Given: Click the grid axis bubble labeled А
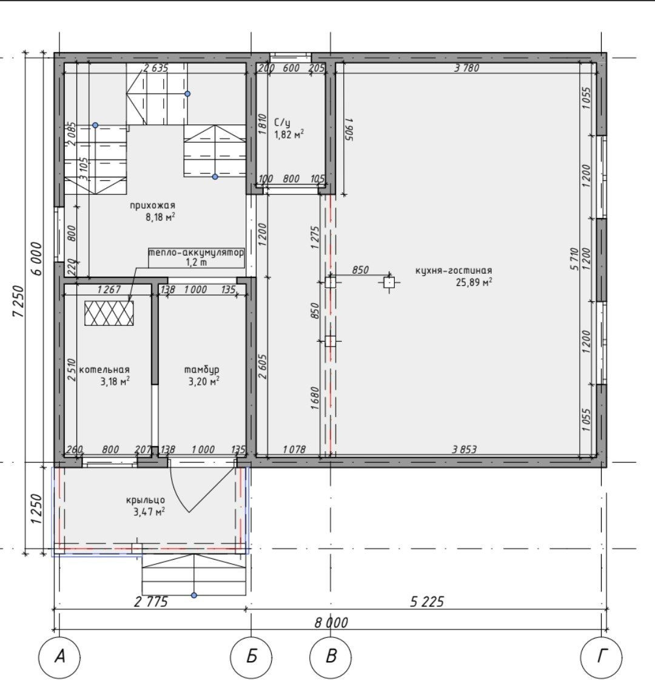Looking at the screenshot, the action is coord(60,657).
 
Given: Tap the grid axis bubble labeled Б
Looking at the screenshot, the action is coord(252,657).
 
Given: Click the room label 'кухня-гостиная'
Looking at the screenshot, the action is coord(454,270).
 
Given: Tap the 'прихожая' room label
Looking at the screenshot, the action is coord(152,205).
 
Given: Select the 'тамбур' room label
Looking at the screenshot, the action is coord(201,370).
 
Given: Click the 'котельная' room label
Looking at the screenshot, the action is coord(104,370).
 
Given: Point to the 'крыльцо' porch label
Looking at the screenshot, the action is coord(146,500).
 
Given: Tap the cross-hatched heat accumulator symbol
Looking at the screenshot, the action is coord(109,313).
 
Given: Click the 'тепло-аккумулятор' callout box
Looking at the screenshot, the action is coord(196,257).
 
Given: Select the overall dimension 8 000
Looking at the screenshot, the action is coord(331,623).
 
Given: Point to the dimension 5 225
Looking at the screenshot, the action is coord(427,602).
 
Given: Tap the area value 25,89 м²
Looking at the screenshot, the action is coord(474,283).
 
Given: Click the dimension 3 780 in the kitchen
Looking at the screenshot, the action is coord(467,68).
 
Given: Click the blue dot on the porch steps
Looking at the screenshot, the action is coord(193,595).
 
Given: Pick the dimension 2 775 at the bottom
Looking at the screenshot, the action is coord(151,602).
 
